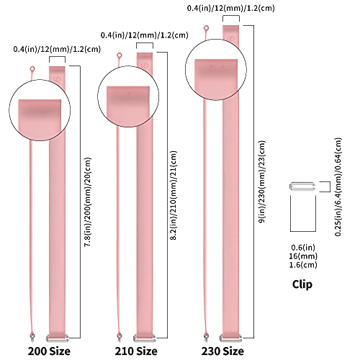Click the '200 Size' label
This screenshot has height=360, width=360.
click(x=49, y=351)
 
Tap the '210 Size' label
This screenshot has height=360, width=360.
click(x=136, y=351)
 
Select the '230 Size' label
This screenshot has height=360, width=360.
click(x=222, y=351)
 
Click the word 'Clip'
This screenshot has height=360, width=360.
click(x=302, y=284)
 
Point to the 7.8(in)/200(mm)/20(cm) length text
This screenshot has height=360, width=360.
click(x=88, y=202)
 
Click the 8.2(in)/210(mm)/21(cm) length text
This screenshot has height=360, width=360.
click(x=174, y=195)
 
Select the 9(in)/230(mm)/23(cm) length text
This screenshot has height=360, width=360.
click(x=262, y=181)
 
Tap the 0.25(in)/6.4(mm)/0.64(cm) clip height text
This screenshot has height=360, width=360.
click(x=338, y=186)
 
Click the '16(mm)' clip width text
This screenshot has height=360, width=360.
click(x=303, y=256)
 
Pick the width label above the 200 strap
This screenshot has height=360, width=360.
click(x=57, y=49)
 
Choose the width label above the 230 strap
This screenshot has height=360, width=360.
click(x=230, y=8)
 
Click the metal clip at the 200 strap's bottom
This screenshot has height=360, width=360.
click(x=58, y=338)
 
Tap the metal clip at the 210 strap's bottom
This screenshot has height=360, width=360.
click(x=145, y=338)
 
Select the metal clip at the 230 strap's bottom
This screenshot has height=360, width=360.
click(x=231, y=338)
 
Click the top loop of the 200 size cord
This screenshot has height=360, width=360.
click(x=32, y=69)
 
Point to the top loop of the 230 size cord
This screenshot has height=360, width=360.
click(x=206, y=28)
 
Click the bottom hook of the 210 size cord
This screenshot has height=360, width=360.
click(x=119, y=337)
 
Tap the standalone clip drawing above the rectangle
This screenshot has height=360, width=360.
click(x=302, y=186)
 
